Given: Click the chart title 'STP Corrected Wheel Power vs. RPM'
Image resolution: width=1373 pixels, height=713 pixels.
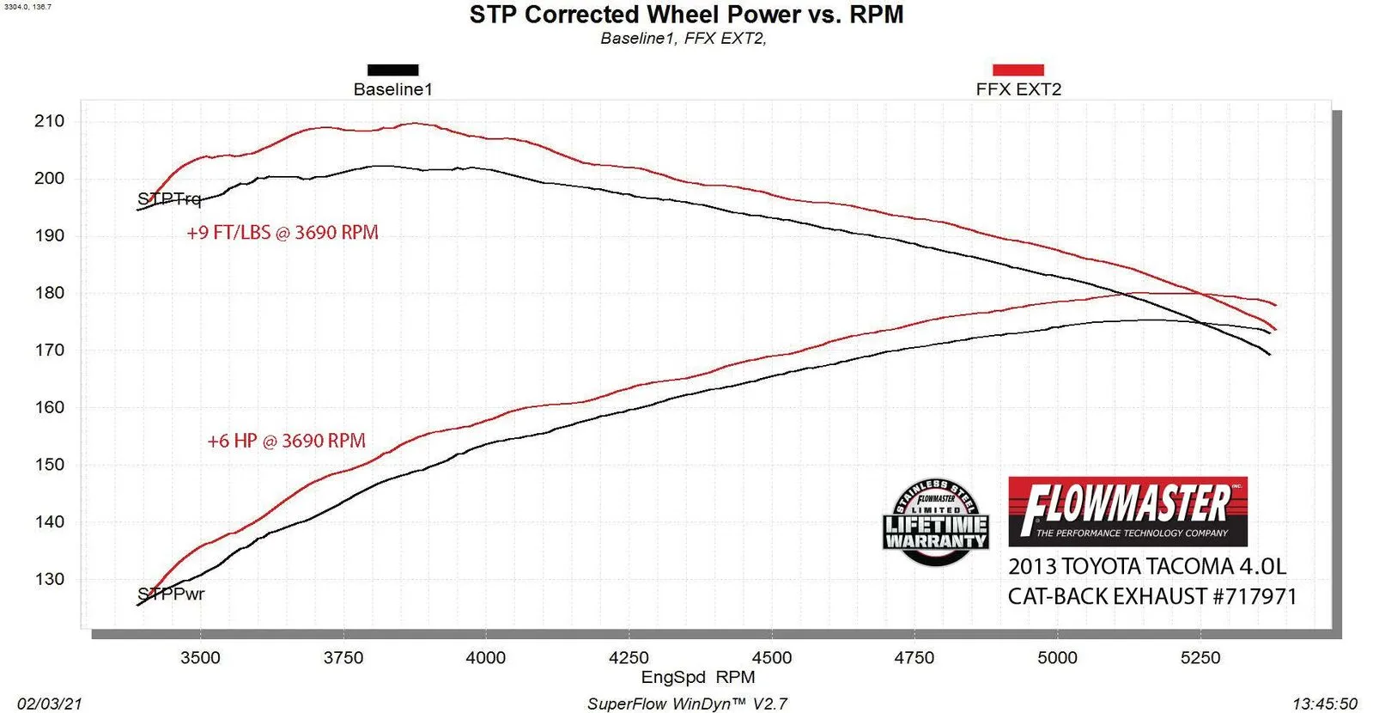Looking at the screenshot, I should pos(686,15).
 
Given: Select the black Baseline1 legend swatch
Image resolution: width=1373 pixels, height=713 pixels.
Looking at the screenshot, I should pos(392,70).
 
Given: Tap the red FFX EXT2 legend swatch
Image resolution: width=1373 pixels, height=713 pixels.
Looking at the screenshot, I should pos(1018,70).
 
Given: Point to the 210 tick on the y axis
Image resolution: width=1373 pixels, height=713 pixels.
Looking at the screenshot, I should pos(49,121).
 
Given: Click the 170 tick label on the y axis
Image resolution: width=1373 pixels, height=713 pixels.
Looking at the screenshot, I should pos(49,350).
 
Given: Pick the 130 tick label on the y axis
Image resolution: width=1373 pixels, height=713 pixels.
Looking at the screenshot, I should pos(49,580).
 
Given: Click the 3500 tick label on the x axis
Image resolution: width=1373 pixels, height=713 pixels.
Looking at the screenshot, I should pos(200,658).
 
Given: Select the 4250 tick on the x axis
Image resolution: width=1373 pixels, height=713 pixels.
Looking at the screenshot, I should pos(629,658).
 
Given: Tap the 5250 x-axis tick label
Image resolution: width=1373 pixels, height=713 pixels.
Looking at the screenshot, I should pos(1200,658).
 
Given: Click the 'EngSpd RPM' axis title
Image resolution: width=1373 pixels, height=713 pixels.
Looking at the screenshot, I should pos(697,677).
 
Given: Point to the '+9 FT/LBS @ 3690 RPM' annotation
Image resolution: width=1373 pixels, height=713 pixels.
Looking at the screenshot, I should pos(282,233).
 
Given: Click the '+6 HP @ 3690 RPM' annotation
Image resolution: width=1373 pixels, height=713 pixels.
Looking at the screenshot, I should pos(286,442).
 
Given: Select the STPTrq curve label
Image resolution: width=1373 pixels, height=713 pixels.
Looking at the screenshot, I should pos(169,199).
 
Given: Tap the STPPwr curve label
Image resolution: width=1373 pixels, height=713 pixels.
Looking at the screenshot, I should pos(171,594).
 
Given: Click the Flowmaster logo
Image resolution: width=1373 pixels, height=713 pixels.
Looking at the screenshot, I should pos(1127,511).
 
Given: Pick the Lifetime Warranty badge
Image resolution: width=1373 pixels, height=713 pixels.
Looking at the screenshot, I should pos(936,522).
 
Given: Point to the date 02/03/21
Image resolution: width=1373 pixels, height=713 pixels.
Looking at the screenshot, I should pos(50,704).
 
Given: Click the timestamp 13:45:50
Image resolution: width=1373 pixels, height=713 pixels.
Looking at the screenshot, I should pos(1325,704).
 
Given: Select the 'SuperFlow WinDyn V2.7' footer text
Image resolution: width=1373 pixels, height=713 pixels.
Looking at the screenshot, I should pos(687,704).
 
